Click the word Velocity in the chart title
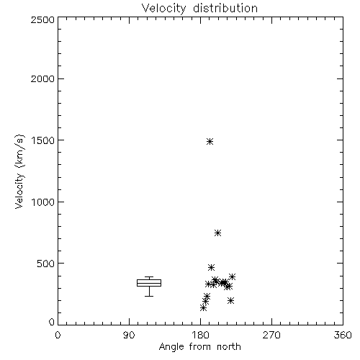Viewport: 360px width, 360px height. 163,9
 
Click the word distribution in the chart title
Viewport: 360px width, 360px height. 225,8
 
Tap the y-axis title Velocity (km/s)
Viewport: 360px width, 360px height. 19,171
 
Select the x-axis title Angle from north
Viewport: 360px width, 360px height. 199,347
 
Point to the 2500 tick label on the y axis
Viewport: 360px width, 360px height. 42,19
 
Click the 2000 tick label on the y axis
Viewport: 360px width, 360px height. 42,78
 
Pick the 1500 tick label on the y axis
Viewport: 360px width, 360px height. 43,140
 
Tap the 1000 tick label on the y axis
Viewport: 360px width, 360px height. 43,202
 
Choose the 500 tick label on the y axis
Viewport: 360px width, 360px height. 46,264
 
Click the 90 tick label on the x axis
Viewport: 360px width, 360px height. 129,335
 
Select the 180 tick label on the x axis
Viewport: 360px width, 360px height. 200,335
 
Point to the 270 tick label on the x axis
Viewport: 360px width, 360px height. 271,335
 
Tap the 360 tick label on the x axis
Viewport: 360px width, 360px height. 343,335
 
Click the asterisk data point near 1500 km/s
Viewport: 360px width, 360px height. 210,141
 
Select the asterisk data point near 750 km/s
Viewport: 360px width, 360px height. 217,233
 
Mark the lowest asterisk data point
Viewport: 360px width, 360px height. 204,308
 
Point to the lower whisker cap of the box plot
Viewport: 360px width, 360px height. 149,296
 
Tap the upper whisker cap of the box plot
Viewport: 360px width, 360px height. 149,276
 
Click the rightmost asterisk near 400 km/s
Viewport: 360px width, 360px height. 232,276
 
